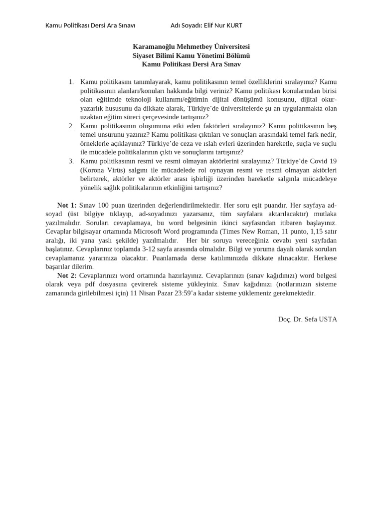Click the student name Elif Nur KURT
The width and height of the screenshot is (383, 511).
pyautogui.click(x=222, y=25)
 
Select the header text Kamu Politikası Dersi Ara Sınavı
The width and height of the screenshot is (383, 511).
pyautogui.click(x=90, y=25)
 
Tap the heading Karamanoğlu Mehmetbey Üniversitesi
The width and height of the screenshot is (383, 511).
pyautogui.click(x=191, y=46)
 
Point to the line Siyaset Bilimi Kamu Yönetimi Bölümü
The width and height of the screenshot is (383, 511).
pyautogui.click(x=191, y=55)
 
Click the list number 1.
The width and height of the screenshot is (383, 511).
pyautogui.click(x=71, y=81)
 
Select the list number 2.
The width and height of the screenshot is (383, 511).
pyautogui.click(x=71, y=126)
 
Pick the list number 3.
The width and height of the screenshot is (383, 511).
pyautogui.click(x=71, y=161)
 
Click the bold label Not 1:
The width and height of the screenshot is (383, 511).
pyautogui.click(x=67, y=205)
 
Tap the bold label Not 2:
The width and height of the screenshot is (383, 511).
pyautogui.click(x=67, y=275)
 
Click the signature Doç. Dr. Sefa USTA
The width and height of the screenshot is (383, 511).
pyautogui.click(x=307, y=319)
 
